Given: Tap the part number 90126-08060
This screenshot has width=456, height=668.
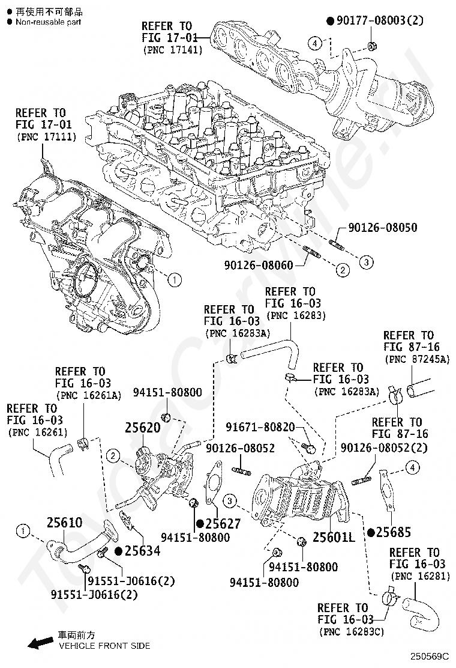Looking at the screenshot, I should (x=259, y=265).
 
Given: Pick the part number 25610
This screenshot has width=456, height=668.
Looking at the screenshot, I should (x=64, y=523).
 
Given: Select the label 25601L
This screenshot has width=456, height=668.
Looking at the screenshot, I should (x=334, y=536).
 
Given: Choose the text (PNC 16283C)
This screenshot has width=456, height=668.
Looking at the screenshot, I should (x=352, y=631).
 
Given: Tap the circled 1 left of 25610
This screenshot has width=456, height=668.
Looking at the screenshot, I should (x=23, y=530).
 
